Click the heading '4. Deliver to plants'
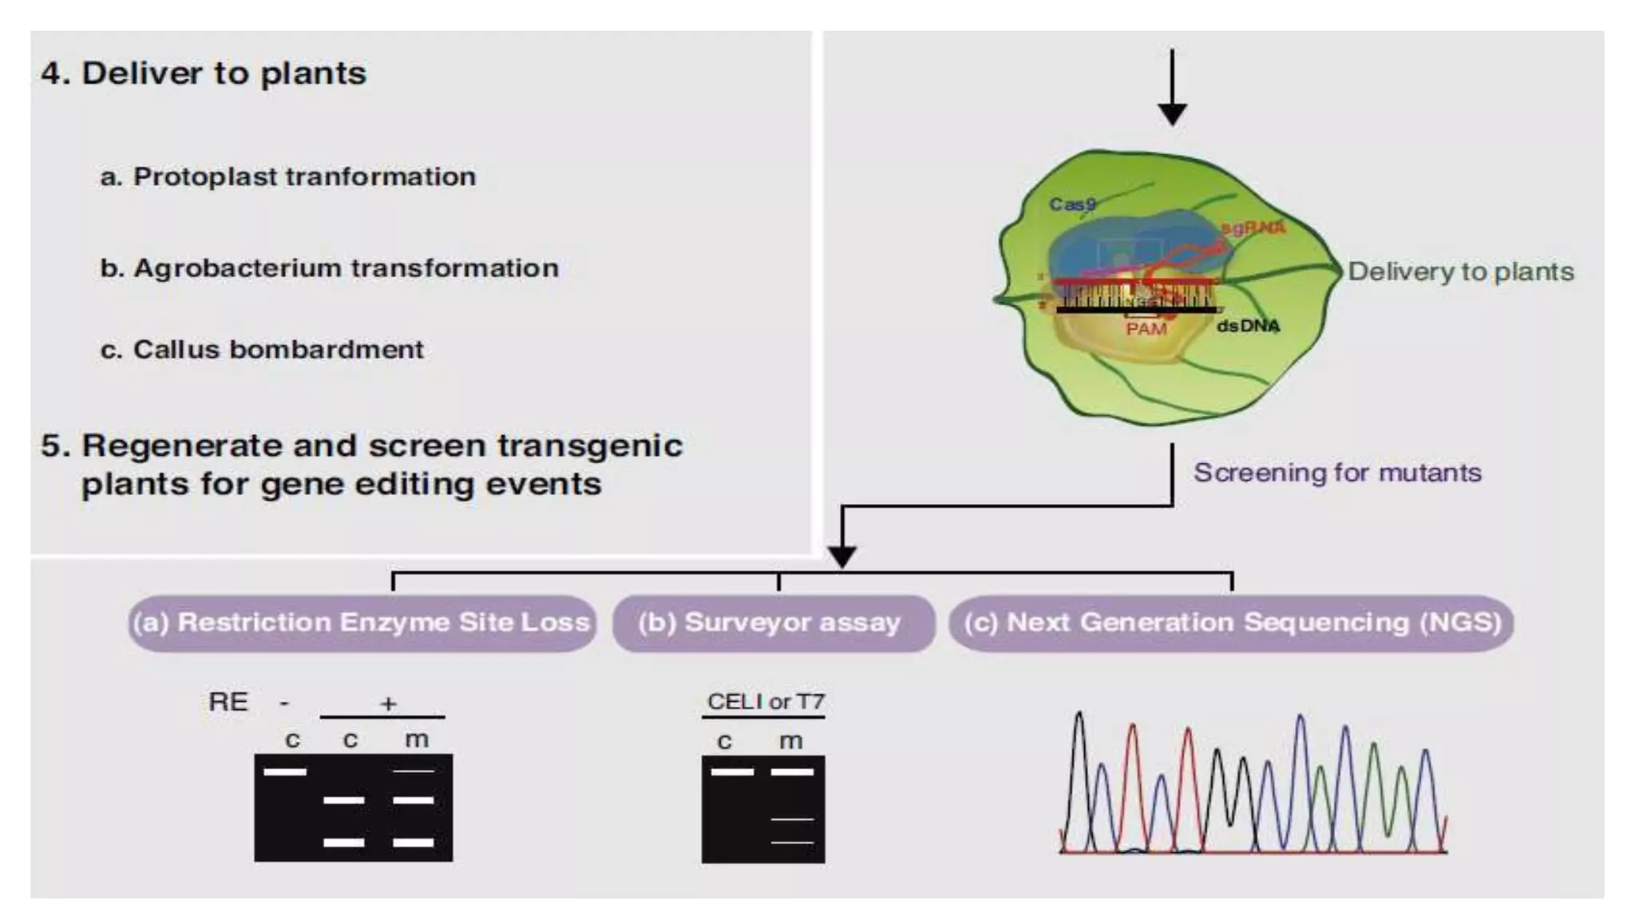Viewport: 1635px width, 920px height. [204, 73]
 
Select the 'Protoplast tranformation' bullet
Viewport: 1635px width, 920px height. [303, 176]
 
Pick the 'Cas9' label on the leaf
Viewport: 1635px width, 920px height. [1072, 204]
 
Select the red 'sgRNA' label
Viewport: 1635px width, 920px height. [1253, 228]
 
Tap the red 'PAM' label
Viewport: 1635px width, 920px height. [1146, 329]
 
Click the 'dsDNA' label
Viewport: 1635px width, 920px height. [1248, 326]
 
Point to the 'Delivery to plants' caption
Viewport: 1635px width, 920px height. [1461, 272]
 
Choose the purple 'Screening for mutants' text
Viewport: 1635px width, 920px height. [1337, 473]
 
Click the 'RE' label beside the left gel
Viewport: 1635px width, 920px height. [228, 702]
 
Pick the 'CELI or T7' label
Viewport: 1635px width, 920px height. [765, 702]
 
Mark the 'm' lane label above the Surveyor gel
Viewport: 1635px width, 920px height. [790, 742]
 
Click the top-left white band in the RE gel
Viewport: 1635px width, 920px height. [285, 771]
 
